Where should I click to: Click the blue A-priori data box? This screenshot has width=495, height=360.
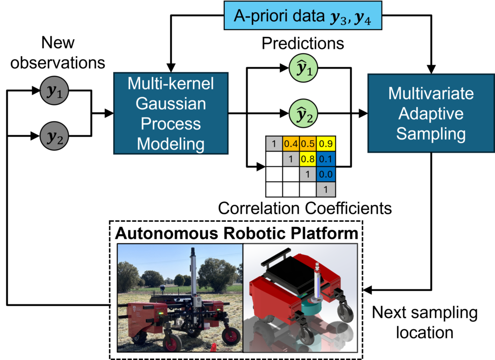pos(303,15)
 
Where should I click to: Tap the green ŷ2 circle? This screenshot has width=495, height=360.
pos(304,115)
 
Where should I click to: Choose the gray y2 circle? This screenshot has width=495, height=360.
pos(54,136)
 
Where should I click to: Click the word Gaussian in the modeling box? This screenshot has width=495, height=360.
pos(171,103)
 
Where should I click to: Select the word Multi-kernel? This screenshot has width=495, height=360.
pos(171,84)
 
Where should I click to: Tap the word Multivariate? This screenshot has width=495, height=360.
pos(431,93)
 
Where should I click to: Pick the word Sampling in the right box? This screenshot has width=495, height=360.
pos(431,134)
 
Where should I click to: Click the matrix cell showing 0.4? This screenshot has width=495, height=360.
pos(291,144)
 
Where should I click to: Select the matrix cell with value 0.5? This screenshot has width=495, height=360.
pos(308,144)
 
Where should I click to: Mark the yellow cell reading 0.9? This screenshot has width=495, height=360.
pos(326,144)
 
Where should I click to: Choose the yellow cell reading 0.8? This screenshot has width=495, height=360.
pos(308,158)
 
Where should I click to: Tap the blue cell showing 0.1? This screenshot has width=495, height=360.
pos(326,158)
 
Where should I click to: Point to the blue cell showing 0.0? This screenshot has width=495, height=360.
pos(326,174)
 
